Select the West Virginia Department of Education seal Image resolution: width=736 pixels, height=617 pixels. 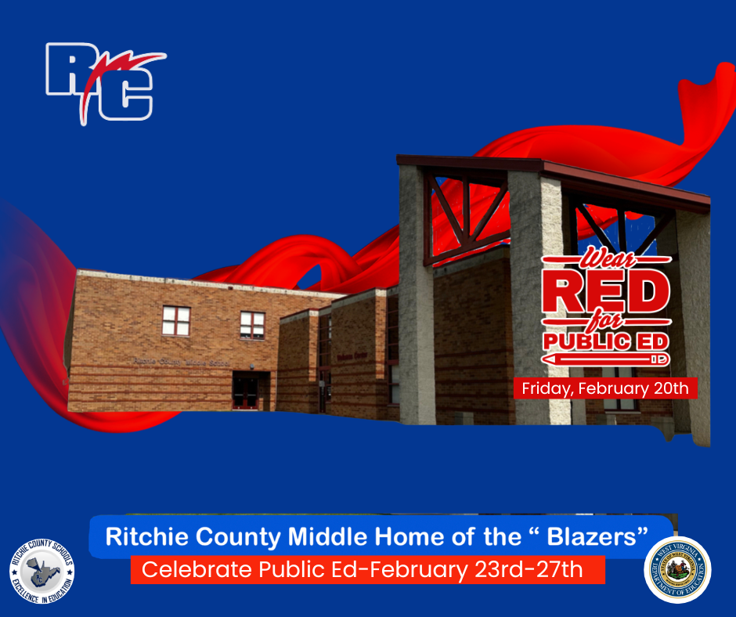tap(676, 569)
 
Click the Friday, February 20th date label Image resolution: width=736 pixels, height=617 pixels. tap(604, 388)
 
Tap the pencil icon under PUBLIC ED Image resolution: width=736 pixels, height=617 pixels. tap(606, 358)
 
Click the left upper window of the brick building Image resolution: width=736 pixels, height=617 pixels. tap(176, 320)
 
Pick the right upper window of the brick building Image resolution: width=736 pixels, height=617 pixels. tap(252, 324)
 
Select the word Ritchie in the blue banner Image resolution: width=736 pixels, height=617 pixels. tap(143, 537)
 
